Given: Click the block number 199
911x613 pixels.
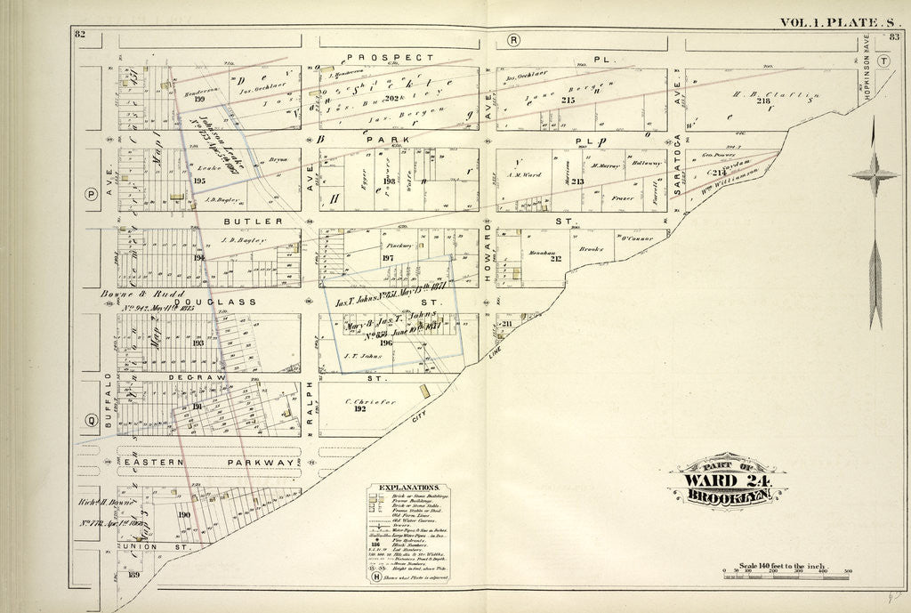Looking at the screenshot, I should pyautogui.click(x=188, y=99).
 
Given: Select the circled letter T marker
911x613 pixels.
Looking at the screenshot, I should pyautogui.click(x=883, y=61).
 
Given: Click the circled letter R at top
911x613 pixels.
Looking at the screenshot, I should pyautogui.click(x=513, y=40).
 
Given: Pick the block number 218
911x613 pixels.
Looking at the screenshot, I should pyautogui.click(x=762, y=101).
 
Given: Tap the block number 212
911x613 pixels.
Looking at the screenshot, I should pyautogui.click(x=556, y=259).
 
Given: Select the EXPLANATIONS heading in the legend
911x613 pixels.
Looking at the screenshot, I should pyautogui.click(x=407, y=488).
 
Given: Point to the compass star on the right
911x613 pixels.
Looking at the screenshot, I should pyautogui.click(x=874, y=176).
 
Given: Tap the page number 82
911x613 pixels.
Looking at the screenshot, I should pyautogui.click(x=79, y=34).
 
